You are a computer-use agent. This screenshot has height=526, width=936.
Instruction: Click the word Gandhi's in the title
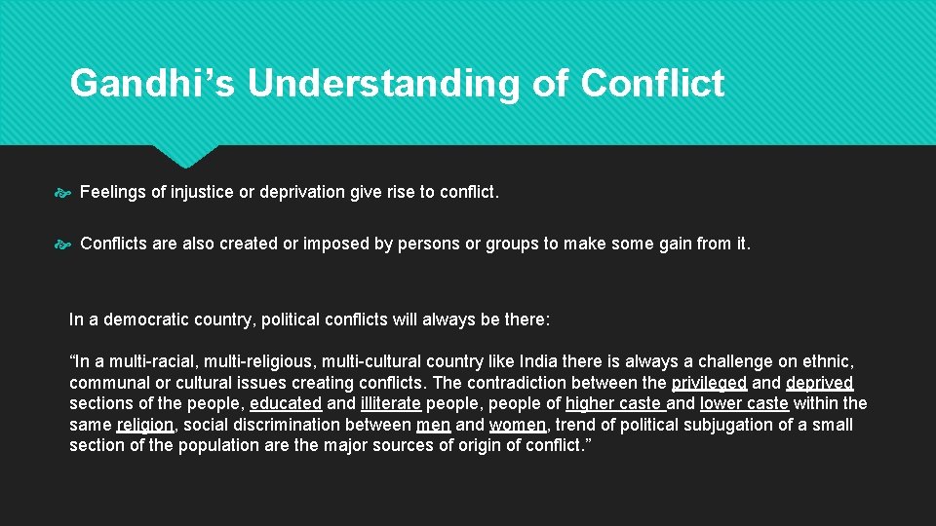pyautogui.click(x=152, y=84)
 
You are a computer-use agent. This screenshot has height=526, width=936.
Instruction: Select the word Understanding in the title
pyautogui.click(x=383, y=84)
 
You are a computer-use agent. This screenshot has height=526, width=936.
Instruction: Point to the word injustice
pyautogui.click(x=202, y=193)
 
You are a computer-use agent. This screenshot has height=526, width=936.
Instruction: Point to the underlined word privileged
pyautogui.click(x=709, y=383)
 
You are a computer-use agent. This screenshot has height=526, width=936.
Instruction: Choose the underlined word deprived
pyautogui.click(x=819, y=383)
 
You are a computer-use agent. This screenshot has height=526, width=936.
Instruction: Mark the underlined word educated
pyautogui.click(x=286, y=403)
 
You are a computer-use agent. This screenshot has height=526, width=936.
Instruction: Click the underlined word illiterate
pyautogui.click(x=390, y=403)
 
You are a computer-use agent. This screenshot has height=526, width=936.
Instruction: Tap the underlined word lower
pyautogui.click(x=721, y=403)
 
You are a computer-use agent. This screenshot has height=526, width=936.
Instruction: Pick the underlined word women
pyautogui.click(x=519, y=425)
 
